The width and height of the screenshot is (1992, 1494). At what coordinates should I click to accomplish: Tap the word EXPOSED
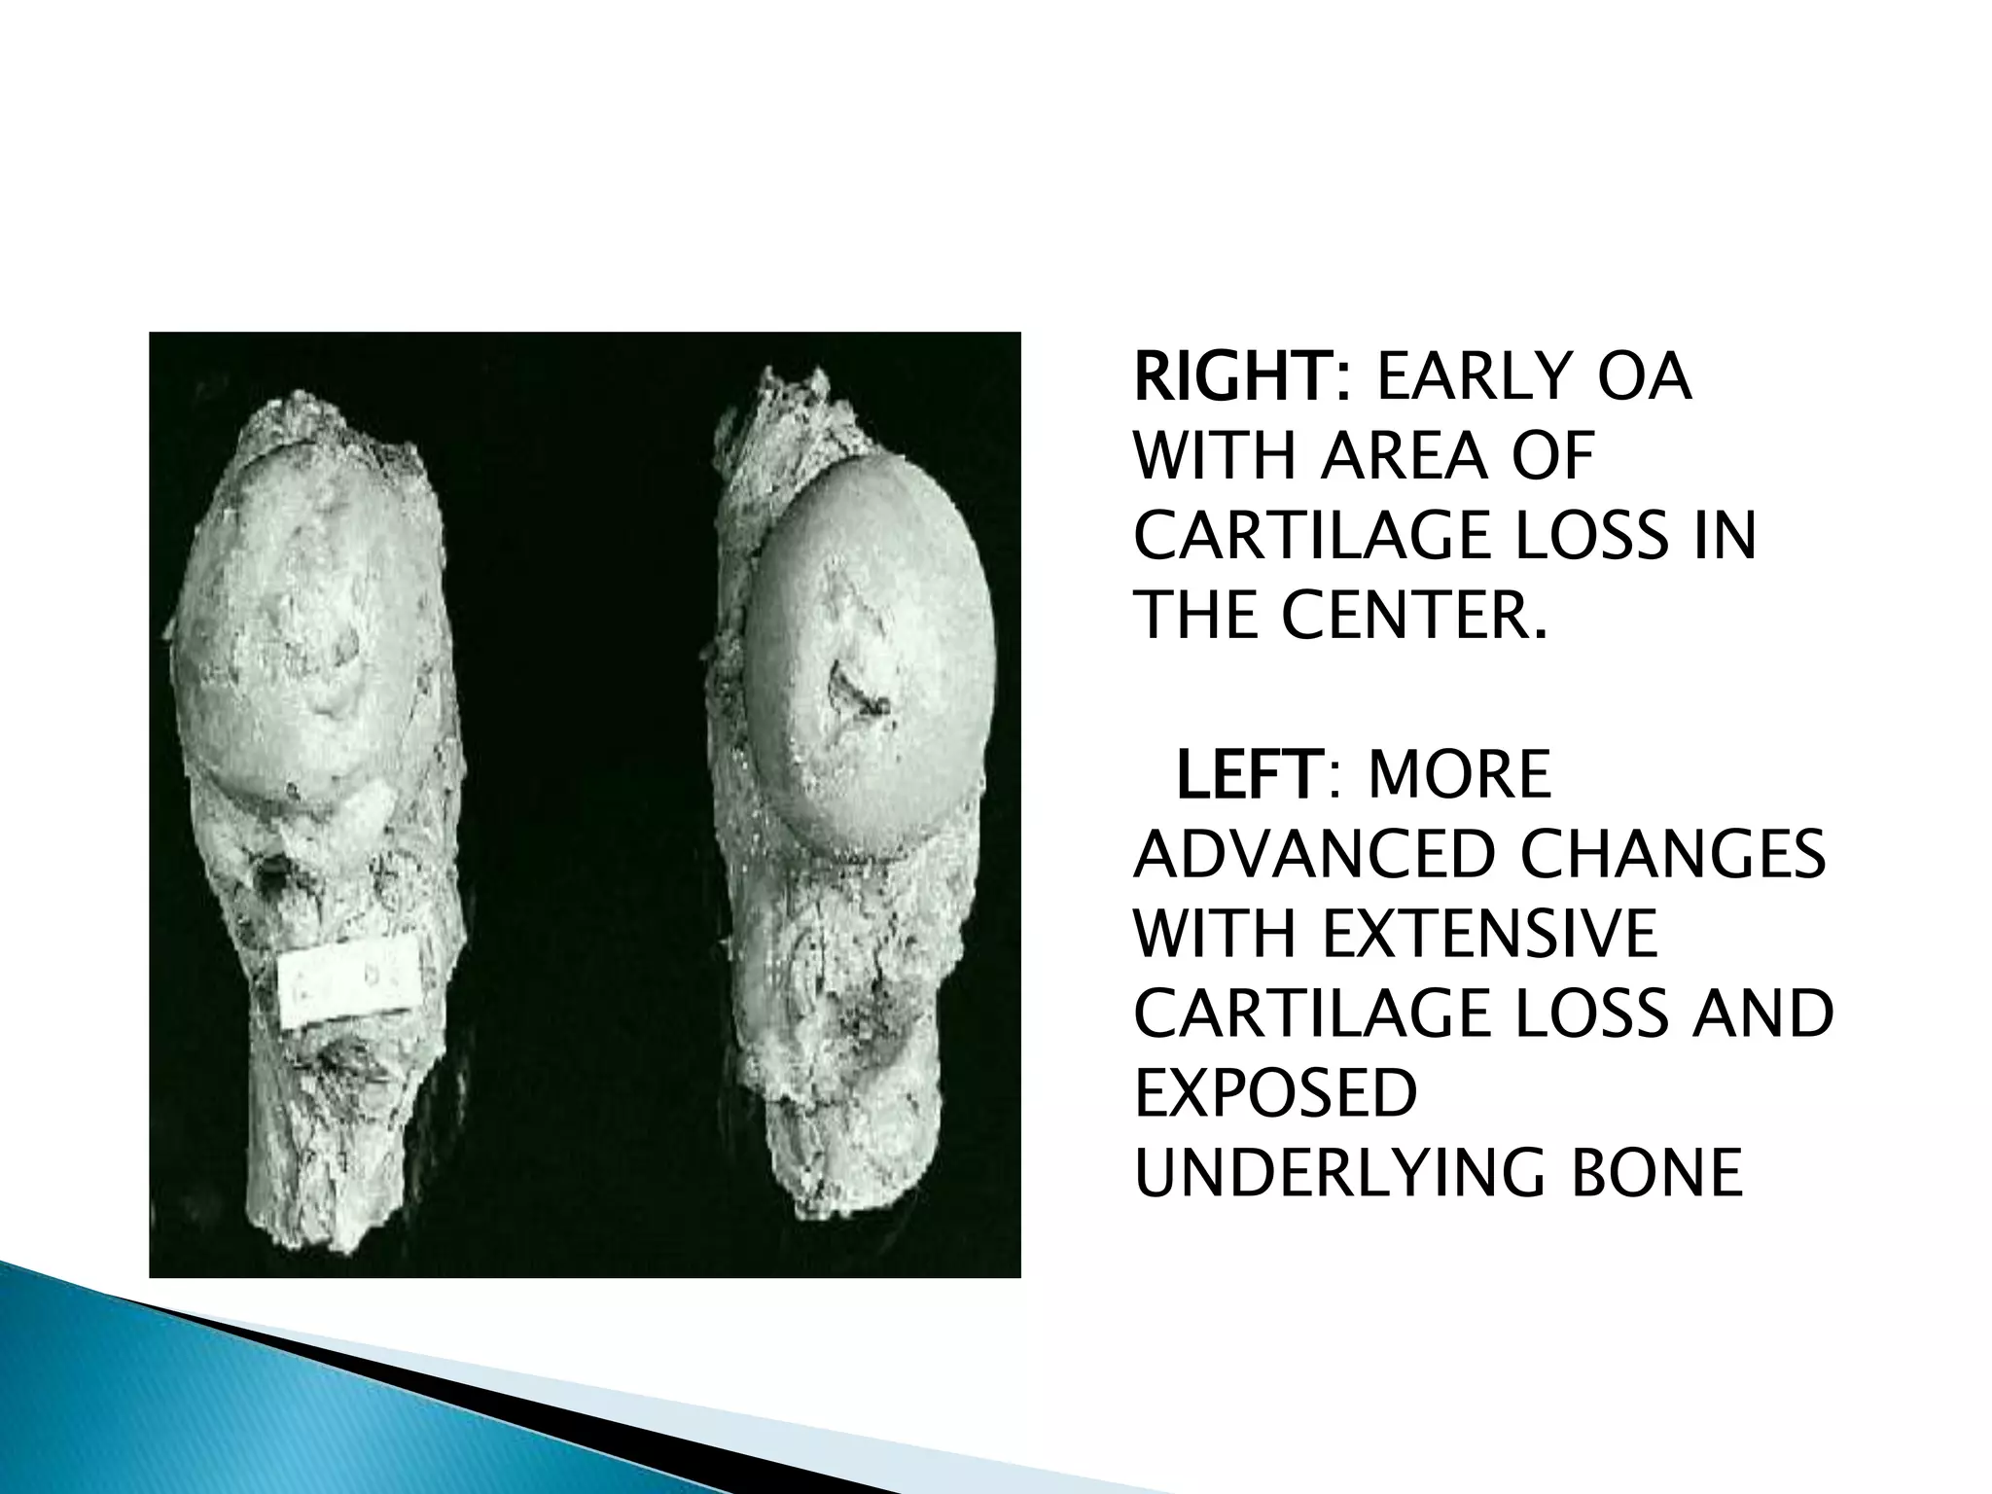coord(1275,1092)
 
